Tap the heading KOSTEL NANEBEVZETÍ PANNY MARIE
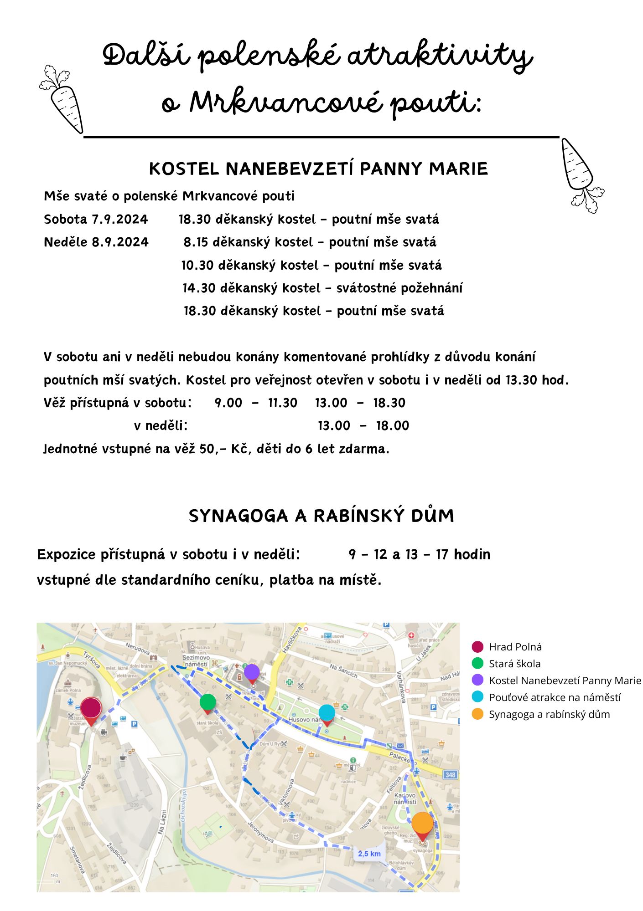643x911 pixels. coord(318,169)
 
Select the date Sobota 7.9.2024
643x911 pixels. coord(96,220)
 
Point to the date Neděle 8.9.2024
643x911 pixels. coord(96,242)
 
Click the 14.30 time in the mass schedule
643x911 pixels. coord(199,288)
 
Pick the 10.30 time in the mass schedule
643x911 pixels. coord(197,266)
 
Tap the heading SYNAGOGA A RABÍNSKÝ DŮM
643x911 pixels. coord(321,516)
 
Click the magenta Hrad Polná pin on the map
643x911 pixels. coord(91,709)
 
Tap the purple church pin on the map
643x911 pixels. coord(252,672)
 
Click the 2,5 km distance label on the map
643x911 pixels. coord(369,854)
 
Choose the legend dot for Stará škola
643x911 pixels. coord(477,663)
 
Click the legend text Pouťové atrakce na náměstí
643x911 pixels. coord(555,697)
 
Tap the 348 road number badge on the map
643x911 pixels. coord(451,774)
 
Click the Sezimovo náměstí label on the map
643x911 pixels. coord(196,661)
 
